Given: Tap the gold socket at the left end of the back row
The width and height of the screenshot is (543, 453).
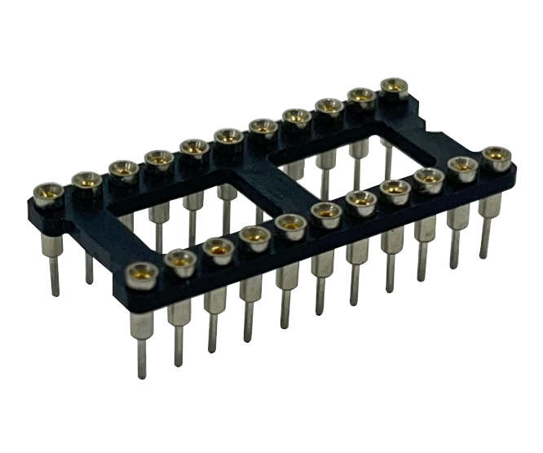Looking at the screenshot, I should coord(48,193).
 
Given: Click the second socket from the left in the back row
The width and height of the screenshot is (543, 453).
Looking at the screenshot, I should coord(86,180).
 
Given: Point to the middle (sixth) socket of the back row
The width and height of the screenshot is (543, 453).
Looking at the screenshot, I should coord(228,135).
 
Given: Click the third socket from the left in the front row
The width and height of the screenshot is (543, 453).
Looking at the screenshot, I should coord(219,246).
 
